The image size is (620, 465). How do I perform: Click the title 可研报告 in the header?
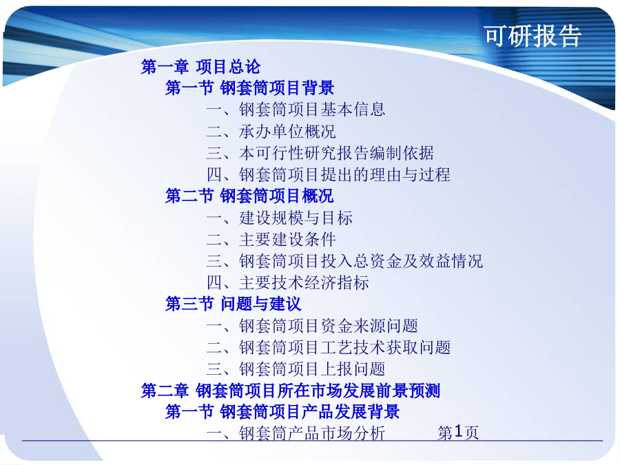533,36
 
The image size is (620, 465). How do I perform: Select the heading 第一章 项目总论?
200,67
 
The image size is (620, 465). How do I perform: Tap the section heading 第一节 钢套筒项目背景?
249,87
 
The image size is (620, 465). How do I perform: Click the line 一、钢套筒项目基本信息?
296,110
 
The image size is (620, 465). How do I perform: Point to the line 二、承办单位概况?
271,132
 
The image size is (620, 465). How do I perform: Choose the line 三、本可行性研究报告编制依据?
320,153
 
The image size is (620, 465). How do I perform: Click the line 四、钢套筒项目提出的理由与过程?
329,174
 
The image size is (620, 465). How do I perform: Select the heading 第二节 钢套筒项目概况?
249,196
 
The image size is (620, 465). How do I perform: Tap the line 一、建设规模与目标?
280,218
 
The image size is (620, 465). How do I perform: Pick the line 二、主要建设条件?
271,239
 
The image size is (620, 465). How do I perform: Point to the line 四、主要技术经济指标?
288,282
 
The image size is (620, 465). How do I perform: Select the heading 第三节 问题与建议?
234,304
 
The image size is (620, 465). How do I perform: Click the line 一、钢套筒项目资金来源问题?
312,326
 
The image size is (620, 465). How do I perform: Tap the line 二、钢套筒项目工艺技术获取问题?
329,348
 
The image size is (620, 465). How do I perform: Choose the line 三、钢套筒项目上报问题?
296,369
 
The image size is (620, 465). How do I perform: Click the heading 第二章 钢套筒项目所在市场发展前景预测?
291,391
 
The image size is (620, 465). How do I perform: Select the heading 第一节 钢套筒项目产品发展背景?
282,412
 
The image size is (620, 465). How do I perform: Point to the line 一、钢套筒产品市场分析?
296,433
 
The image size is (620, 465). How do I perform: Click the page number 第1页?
458,432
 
